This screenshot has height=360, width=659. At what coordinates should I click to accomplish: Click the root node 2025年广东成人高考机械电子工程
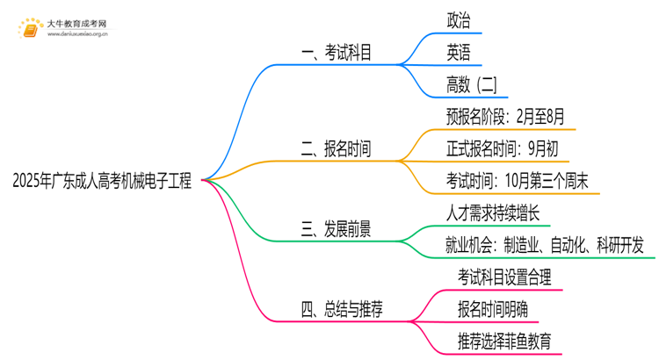(x=102, y=182)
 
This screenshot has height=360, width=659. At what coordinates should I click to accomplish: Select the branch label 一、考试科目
(x=336, y=54)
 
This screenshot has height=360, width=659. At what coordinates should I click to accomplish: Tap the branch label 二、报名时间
(x=336, y=149)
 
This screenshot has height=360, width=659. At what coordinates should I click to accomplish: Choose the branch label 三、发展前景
(x=336, y=230)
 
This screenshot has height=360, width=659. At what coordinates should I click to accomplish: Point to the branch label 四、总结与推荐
(x=342, y=309)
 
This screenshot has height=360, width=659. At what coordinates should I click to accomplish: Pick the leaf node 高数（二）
(x=471, y=84)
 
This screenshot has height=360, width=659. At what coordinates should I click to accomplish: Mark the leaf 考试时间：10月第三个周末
(x=517, y=181)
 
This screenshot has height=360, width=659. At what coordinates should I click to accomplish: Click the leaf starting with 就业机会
(x=545, y=245)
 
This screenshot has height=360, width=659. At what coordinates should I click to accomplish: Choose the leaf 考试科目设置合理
(x=504, y=277)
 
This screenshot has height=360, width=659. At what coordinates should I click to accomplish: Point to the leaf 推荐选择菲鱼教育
(x=504, y=341)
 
